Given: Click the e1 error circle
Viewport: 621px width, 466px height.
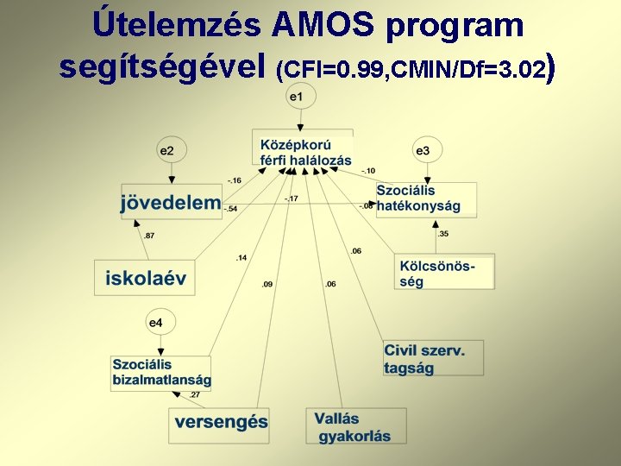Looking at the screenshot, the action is click(x=296, y=97).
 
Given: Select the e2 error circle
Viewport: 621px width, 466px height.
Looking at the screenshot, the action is click(x=166, y=150).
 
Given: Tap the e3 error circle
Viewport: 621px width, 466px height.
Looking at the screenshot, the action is click(x=423, y=150).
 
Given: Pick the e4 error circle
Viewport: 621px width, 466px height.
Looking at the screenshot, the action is click(x=155, y=323).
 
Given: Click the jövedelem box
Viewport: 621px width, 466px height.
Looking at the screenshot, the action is click(x=172, y=203).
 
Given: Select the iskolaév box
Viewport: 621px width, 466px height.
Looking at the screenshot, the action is click(x=145, y=278).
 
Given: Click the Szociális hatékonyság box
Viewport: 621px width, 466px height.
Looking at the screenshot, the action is click(x=424, y=198).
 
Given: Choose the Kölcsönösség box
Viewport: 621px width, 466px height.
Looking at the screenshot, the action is click(x=444, y=272).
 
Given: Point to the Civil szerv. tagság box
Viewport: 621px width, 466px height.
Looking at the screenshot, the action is click(x=432, y=358).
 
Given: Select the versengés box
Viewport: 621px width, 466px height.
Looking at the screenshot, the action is click(x=220, y=423).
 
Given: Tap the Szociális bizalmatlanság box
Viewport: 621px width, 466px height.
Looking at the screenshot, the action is click(x=161, y=372).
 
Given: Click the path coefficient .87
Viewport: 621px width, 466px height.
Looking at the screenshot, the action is click(x=150, y=236).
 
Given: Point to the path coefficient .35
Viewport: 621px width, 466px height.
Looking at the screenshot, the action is click(x=443, y=234).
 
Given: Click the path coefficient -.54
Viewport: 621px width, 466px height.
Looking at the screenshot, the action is click(x=231, y=209).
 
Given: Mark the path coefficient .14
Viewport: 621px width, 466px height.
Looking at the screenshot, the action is click(x=241, y=258).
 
